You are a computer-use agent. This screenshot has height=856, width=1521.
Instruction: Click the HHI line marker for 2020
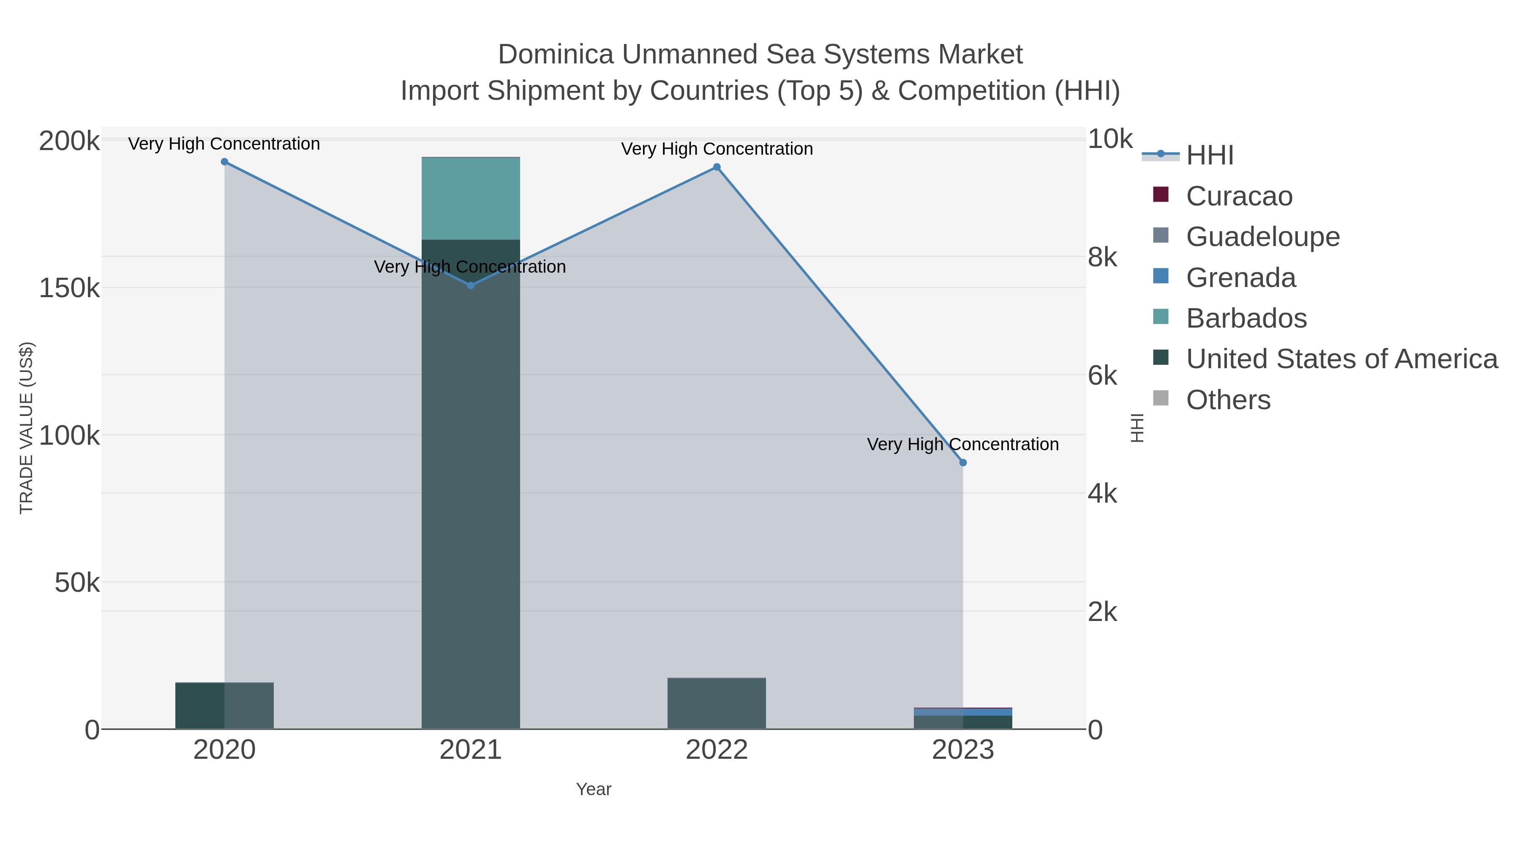click(x=224, y=162)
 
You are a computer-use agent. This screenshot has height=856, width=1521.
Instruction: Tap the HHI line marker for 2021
click(x=471, y=285)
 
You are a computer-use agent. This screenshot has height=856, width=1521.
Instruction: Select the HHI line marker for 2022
click(x=717, y=167)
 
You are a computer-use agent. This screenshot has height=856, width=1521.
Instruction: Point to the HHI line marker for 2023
click(x=963, y=462)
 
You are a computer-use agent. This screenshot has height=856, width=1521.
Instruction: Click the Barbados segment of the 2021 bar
click(x=471, y=199)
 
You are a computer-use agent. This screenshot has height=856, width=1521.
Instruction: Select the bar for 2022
click(x=717, y=703)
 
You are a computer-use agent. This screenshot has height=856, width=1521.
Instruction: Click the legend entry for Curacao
click(x=1239, y=196)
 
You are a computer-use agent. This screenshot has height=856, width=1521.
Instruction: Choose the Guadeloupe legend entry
click(x=1262, y=237)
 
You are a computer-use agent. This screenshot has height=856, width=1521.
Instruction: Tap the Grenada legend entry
click(x=1240, y=278)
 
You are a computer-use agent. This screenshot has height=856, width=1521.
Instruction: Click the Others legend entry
click(x=1228, y=400)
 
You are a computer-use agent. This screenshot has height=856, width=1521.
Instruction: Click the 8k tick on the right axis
click(x=1102, y=257)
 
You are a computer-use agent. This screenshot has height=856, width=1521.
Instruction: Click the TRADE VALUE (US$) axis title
click(x=27, y=428)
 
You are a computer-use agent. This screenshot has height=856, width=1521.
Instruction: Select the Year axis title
click(x=594, y=789)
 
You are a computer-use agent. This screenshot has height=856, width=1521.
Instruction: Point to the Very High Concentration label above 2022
click(x=717, y=149)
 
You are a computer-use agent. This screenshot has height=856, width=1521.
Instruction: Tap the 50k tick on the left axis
click(x=77, y=583)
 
